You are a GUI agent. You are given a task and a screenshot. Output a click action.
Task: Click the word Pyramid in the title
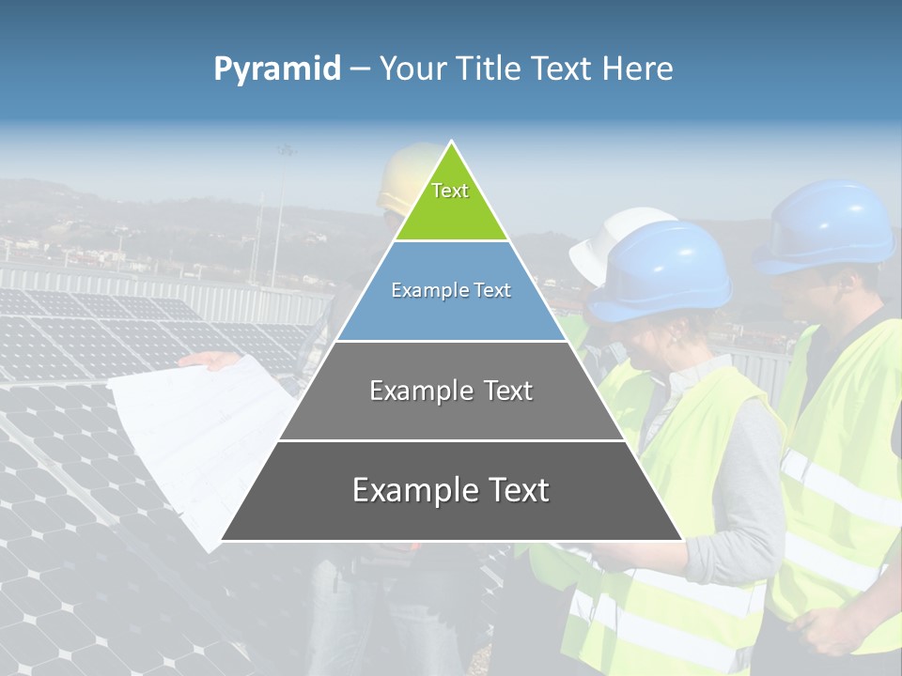point(277,69)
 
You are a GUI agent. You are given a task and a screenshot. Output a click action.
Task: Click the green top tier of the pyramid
point(451,202)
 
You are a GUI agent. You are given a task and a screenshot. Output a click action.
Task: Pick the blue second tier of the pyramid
point(451,310)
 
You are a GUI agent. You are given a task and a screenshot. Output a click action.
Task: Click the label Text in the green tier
point(450,191)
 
